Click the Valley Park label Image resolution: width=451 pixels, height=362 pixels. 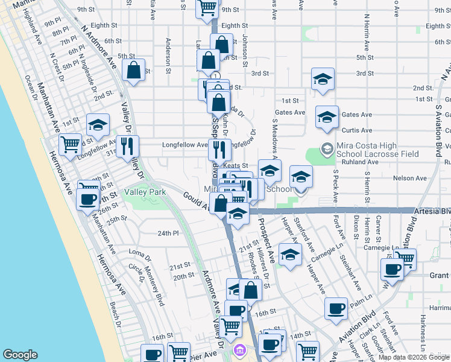coord(145,192)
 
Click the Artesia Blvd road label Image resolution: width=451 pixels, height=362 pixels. coord(433,212)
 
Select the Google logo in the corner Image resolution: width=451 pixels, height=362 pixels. coord(20,355)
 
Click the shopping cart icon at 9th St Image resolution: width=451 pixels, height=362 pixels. coord(207,7)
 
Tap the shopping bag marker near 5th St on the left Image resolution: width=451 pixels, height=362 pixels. coord(133,69)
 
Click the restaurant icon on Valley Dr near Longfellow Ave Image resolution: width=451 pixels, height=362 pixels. coord(127,145)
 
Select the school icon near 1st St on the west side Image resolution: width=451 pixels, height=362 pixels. coord(98,124)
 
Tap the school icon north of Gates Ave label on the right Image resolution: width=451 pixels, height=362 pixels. coord(323,79)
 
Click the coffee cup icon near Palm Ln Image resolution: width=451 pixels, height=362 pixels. coord(336,308)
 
